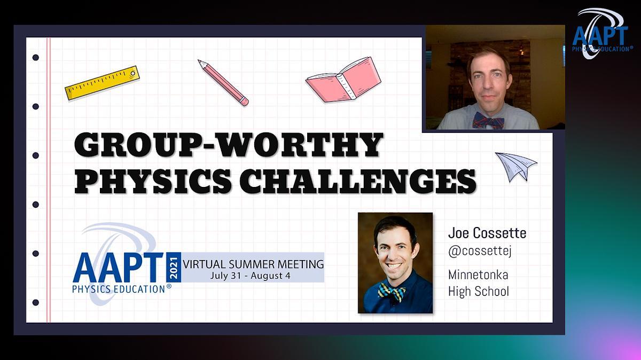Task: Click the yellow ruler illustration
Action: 102,83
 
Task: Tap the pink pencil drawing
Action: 223,83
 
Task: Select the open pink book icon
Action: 343,80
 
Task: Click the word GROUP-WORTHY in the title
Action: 229,145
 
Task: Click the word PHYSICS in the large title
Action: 153,181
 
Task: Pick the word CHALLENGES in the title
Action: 358,181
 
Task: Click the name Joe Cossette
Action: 487,233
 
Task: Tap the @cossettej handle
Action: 480,251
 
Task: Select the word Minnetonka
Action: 478,275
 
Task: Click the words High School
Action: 479,291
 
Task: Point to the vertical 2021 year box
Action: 174,267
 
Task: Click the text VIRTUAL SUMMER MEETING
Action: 253,264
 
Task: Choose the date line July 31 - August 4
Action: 251,276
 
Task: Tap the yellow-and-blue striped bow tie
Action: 392,292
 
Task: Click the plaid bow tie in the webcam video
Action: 488,120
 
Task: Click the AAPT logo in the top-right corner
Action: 603,34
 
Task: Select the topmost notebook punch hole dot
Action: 36,58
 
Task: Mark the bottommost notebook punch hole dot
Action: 36,302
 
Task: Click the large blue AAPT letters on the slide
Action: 118,268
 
